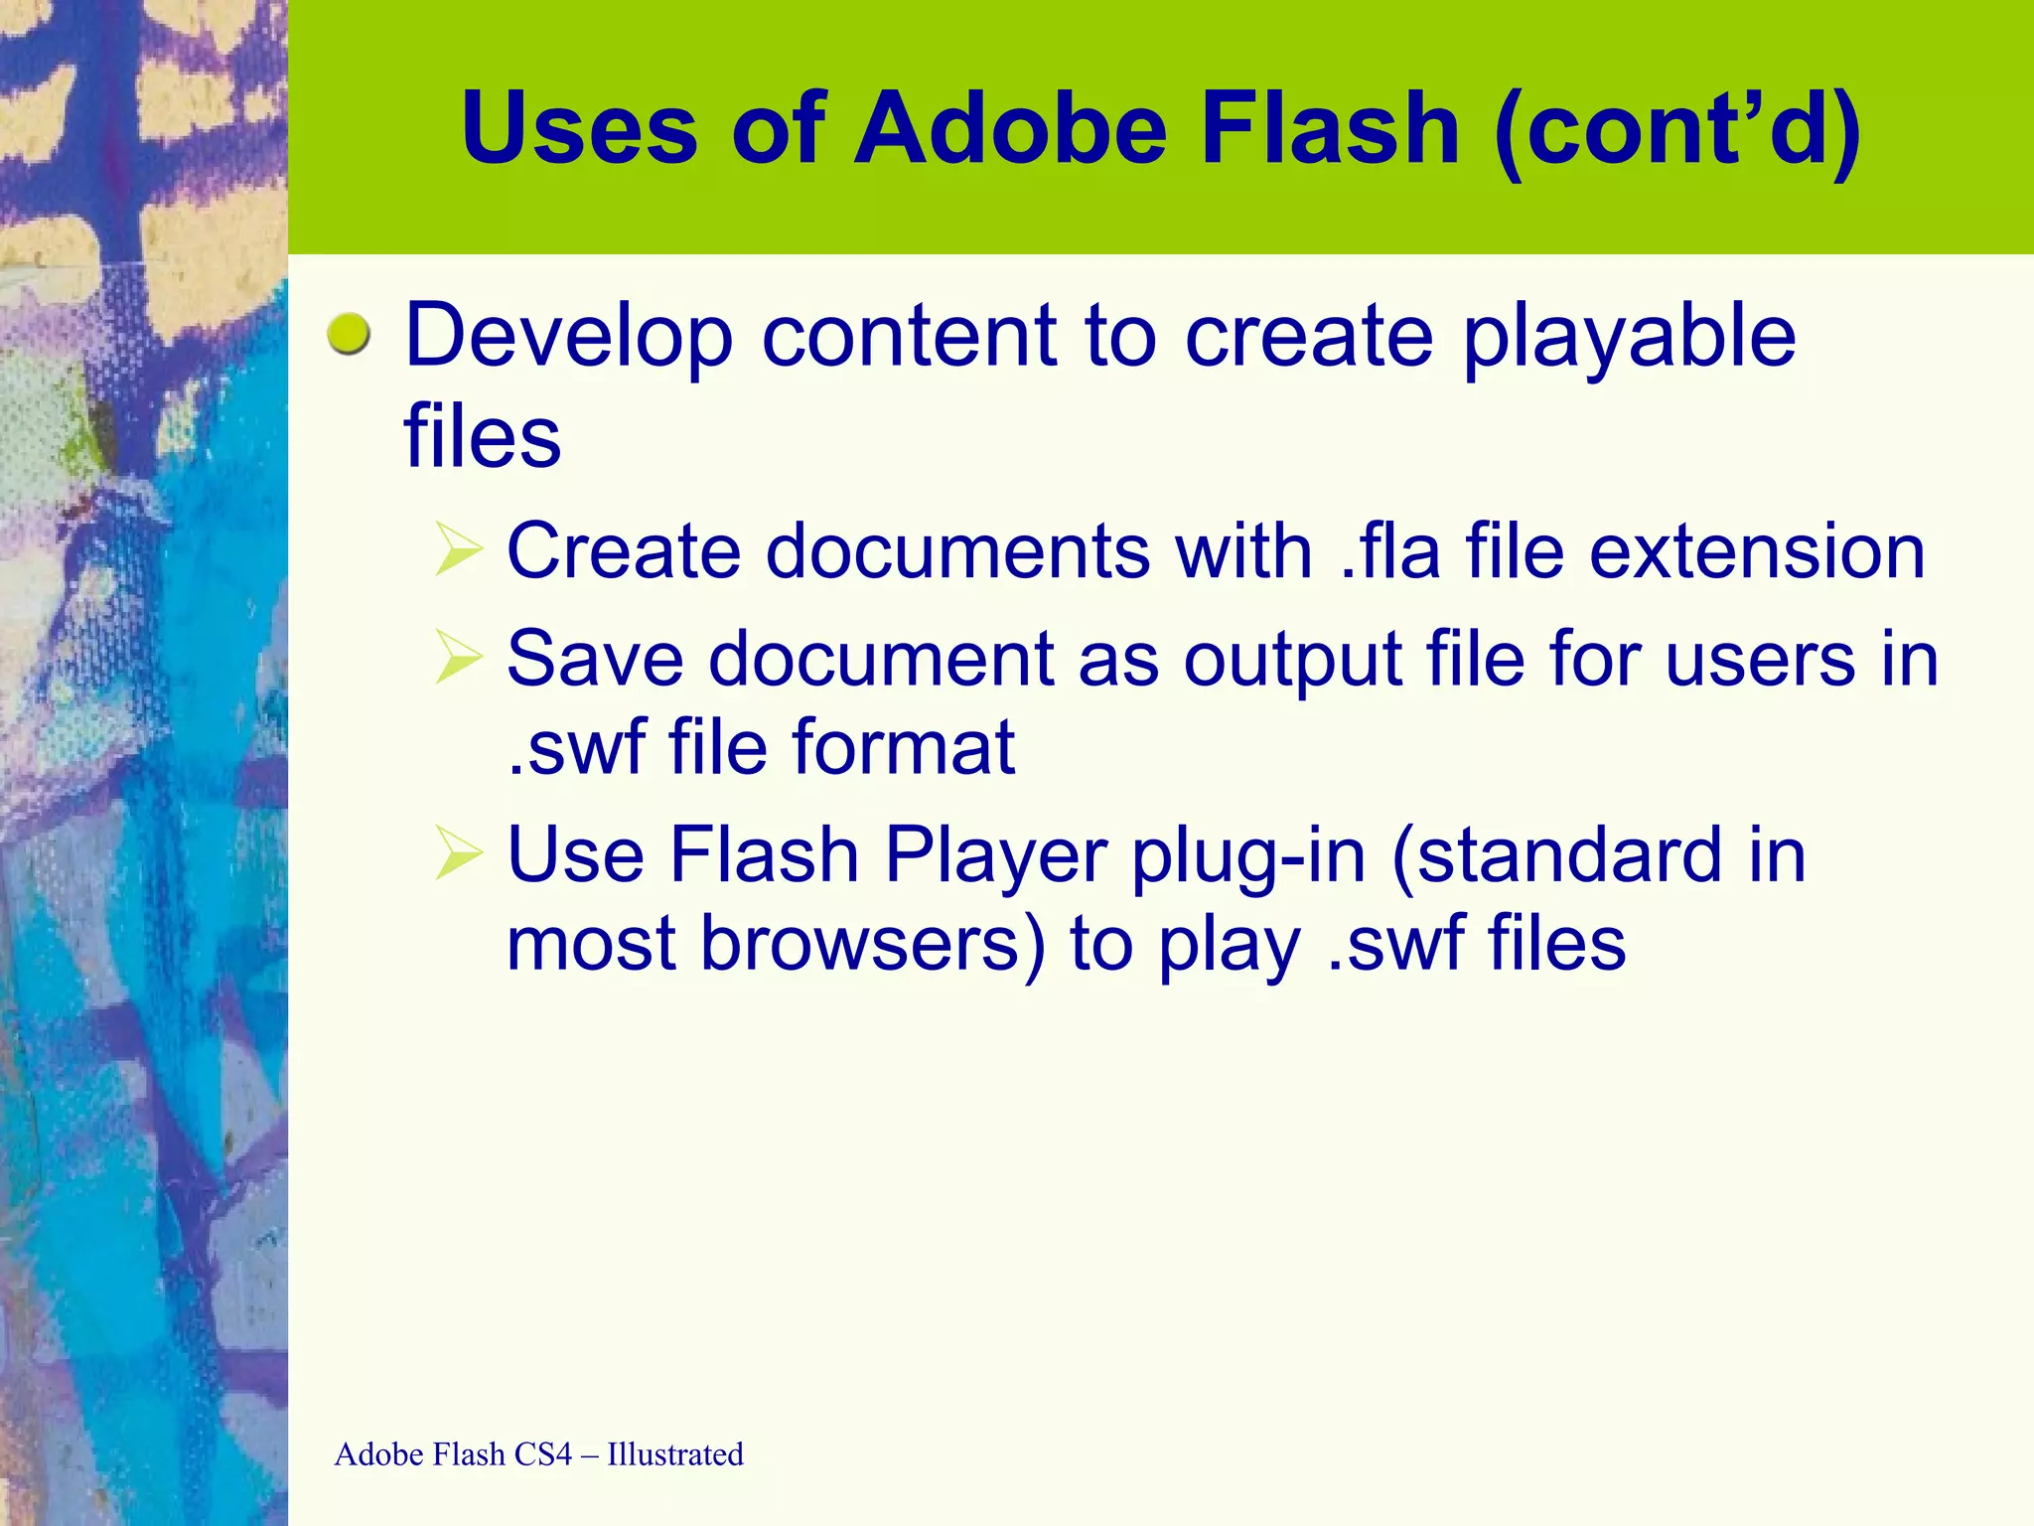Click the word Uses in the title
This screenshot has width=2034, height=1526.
point(579,128)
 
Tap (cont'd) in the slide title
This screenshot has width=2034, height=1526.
point(1676,128)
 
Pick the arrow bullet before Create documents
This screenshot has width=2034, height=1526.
point(459,551)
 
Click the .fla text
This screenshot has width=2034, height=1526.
point(1389,551)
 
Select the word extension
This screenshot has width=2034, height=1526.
point(1757,551)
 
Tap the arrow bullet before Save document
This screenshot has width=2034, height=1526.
point(459,659)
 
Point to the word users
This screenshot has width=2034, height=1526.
point(1760,659)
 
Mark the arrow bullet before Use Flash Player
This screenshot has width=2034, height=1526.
point(459,854)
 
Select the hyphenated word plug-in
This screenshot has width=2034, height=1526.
point(1248,856)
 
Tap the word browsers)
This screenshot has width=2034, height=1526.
point(873,944)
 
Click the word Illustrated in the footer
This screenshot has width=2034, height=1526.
point(675,1454)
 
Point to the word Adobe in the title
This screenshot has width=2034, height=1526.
point(1011,128)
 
